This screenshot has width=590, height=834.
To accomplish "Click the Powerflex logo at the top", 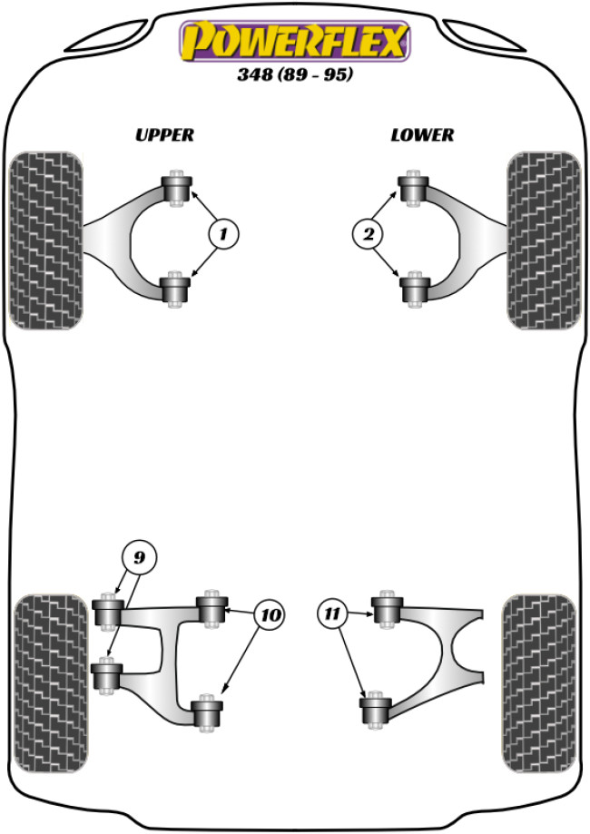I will click(x=295, y=42).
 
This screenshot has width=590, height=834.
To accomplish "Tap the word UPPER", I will click(x=164, y=135).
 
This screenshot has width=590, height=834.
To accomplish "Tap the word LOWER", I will click(x=422, y=135).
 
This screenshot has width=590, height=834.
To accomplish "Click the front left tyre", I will click(x=45, y=240).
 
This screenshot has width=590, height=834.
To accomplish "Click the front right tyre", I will click(x=544, y=240).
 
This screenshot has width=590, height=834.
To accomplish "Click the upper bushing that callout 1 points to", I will click(x=178, y=189).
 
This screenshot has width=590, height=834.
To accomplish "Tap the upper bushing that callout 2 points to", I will click(x=414, y=189).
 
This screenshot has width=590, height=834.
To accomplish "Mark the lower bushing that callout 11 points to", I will click(x=374, y=709).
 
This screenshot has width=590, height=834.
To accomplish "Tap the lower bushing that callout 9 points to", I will click(x=107, y=676).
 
